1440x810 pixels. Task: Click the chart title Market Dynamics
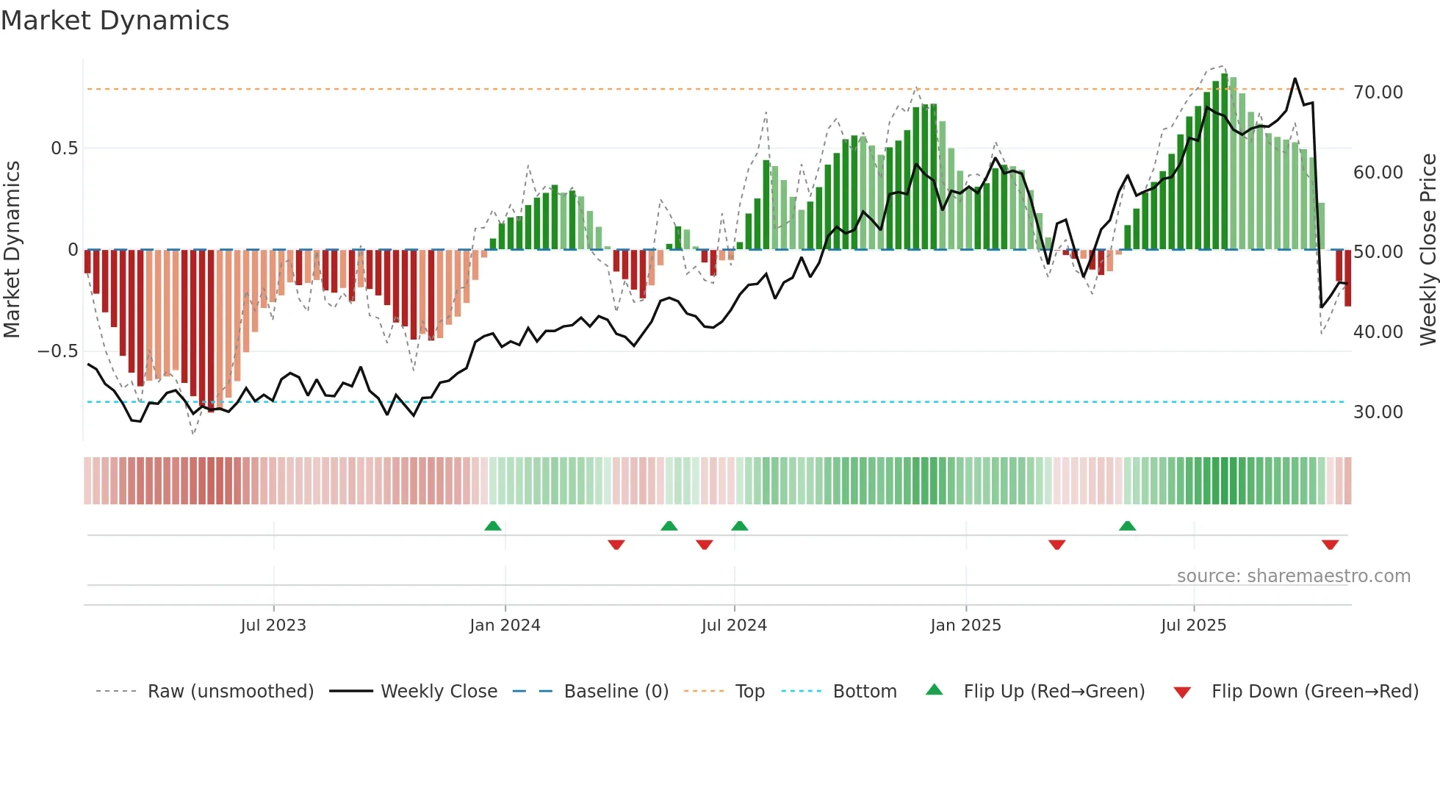(x=115, y=21)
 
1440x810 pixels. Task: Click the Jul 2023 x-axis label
(x=273, y=626)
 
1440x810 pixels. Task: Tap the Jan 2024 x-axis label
(x=505, y=626)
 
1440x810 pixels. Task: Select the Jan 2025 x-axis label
(x=965, y=626)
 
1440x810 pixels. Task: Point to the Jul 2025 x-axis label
(x=1193, y=626)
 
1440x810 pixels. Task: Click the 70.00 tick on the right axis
(x=1378, y=93)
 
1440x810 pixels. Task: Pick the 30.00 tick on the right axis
(x=1378, y=412)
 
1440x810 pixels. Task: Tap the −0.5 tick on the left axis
(x=57, y=351)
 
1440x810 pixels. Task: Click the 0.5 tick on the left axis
(x=64, y=148)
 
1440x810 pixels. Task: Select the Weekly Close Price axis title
(x=1428, y=250)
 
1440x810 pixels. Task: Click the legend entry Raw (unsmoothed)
(x=230, y=692)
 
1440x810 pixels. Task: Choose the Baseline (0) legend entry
(x=616, y=692)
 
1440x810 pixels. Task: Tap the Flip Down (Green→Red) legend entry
(x=1314, y=692)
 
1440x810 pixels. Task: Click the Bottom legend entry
(x=864, y=692)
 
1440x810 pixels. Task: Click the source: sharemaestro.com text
(x=1293, y=576)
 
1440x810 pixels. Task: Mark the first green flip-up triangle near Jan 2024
(x=493, y=526)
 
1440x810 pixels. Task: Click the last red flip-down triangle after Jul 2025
(x=1330, y=545)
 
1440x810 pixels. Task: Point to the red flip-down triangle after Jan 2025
(x=1056, y=545)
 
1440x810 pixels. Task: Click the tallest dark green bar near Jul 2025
(x=1224, y=162)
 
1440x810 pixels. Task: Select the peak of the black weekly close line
(x=1295, y=79)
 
